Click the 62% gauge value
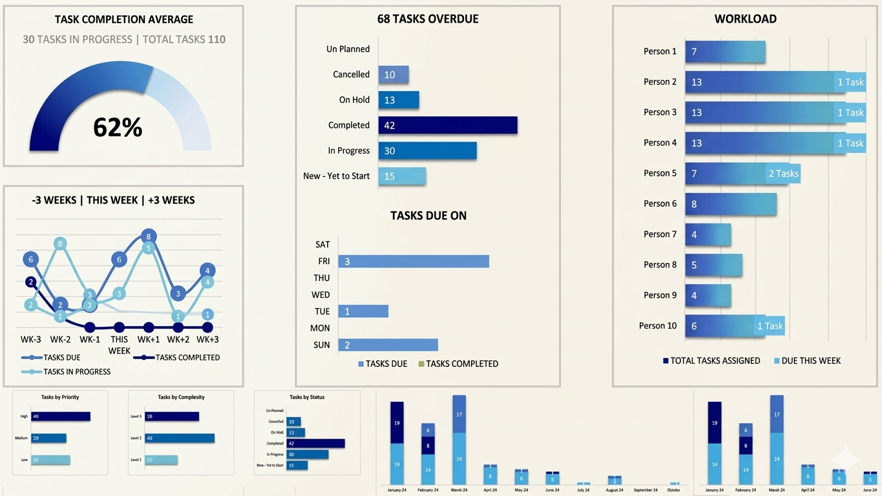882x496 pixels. [118, 127]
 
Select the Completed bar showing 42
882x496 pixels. [448, 125]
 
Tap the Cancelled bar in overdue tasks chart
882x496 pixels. [394, 75]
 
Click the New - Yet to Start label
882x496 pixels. [336, 176]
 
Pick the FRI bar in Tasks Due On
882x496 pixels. [414, 262]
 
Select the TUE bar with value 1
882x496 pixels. [363, 311]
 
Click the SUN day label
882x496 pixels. [321, 345]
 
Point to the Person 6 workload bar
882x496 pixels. [731, 204]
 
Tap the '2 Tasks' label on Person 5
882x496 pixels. [783, 174]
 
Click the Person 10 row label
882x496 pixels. [658, 326]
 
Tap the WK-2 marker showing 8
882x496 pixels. [60, 244]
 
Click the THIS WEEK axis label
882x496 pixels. [119, 345]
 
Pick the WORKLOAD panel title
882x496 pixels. [745, 19]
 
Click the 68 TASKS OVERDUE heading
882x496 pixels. [428, 19]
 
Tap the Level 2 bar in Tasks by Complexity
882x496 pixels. [179, 438]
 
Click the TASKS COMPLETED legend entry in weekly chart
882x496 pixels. [187, 358]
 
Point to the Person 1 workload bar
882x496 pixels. [725, 52]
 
